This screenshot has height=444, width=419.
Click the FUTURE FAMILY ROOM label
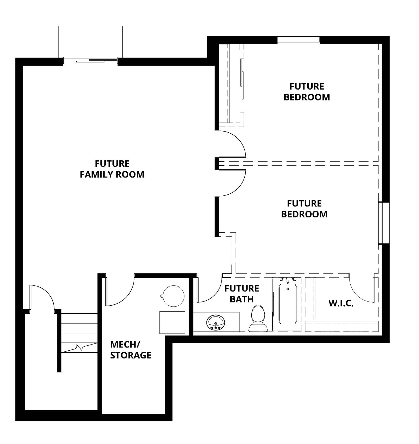tap(112, 169)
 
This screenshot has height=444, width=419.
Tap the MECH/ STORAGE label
tap(130, 350)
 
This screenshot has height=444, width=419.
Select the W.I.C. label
tap(341, 304)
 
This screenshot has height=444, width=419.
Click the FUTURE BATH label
tap(241, 294)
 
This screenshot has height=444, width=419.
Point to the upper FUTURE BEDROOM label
tap(307, 92)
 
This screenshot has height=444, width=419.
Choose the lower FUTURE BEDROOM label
tap(304, 209)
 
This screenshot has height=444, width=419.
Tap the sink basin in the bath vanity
tap(216, 322)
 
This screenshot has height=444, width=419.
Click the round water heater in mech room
tap(173, 296)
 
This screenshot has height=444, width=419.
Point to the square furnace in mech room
tap(172, 322)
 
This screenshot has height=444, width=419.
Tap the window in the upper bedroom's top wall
tap(299, 40)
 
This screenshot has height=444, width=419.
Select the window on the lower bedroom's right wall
tap(384, 223)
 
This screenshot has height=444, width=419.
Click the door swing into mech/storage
tap(120, 292)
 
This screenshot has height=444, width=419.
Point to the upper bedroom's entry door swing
tap(232, 143)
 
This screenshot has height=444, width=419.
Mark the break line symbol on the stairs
tap(79, 347)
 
